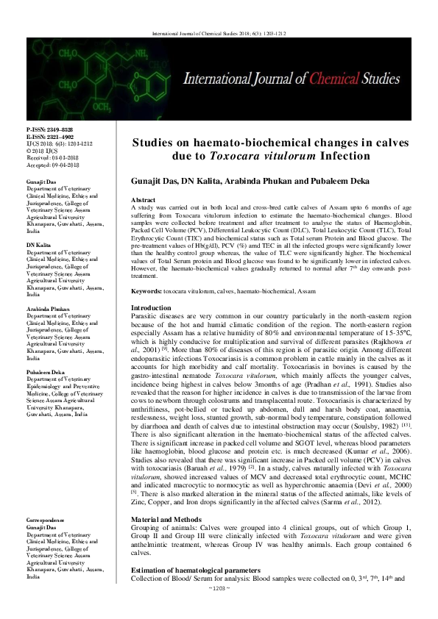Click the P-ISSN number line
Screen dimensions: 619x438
(49, 129)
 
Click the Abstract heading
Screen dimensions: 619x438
(143, 200)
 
